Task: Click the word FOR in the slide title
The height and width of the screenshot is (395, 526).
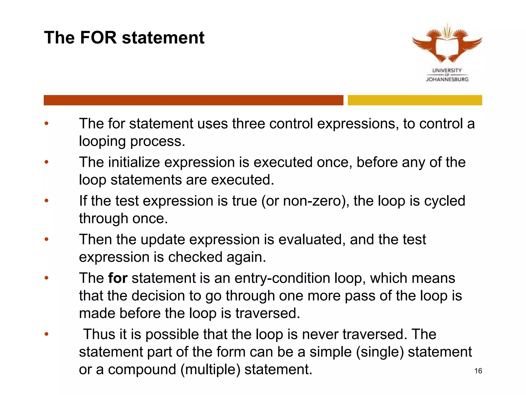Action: [x=98, y=38]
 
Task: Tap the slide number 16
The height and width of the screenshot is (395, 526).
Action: [x=478, y=371]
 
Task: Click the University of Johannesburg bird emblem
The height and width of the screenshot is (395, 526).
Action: [x=447, y=44]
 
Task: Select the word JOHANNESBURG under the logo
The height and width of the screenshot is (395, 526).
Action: [x=447, y=79]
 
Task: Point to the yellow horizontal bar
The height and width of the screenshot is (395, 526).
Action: [x=415, y=100]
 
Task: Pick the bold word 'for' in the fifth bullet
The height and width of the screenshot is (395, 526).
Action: [x=118, y=278]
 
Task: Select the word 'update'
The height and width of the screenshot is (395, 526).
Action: [x=163, y=239]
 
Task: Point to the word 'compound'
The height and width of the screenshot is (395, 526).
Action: [x=142, y=370]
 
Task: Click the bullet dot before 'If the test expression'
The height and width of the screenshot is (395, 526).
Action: [x=46, y=201]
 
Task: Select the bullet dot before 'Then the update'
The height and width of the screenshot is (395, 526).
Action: [x=46, y=239]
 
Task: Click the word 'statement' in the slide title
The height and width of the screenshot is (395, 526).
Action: [x=163, y=38]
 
